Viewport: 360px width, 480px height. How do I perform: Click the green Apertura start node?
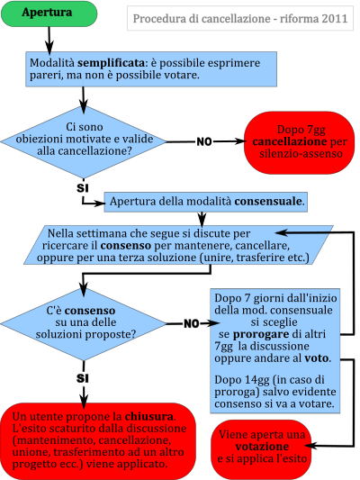click(x=49, y=14)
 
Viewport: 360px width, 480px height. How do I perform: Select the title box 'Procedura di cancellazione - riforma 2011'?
click(x=240, y=18)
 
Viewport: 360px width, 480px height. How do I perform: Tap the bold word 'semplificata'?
click(x=111, y=63)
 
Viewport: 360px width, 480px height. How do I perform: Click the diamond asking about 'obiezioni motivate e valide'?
click(x=84, y=142)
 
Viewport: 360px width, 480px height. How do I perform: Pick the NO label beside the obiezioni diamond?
click(x=204, y=141)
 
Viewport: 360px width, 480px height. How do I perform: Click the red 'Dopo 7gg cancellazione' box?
click(x=299, y=142)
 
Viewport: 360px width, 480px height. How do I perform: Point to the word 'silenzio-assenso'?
click(x=301, y=153)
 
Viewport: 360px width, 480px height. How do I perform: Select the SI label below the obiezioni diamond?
click(x=83, y=187)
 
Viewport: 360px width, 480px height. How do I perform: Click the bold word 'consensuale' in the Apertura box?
click(x=269, y=202)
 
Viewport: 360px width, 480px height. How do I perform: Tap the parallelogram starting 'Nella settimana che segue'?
click(x=178, y=245)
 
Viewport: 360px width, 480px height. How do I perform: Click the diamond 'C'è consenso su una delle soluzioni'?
click(x=84, y=324)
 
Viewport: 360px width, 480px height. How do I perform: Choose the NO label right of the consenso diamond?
click(x=192, y=323)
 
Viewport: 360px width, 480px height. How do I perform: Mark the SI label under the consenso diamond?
click(x=83, y=378)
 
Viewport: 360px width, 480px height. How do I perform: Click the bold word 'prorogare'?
click(x=261, y=334)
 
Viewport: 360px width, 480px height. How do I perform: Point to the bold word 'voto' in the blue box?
click(x=317, y=358)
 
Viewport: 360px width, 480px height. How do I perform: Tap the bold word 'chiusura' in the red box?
click(x=149, y=417)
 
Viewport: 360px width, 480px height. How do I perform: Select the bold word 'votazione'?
click(x=262, y=447)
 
